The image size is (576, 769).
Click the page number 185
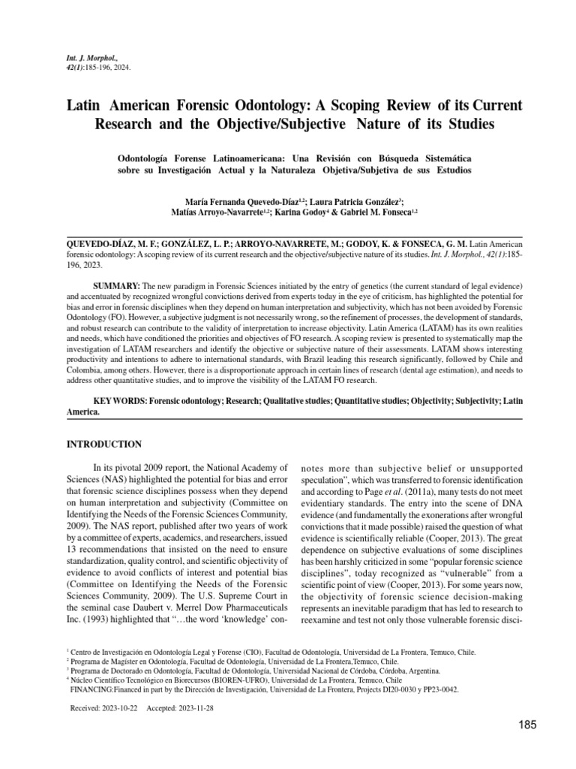pyautogui.click(x=527, y=725)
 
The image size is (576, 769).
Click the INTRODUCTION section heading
pyautogui.click(x=104, y=444)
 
